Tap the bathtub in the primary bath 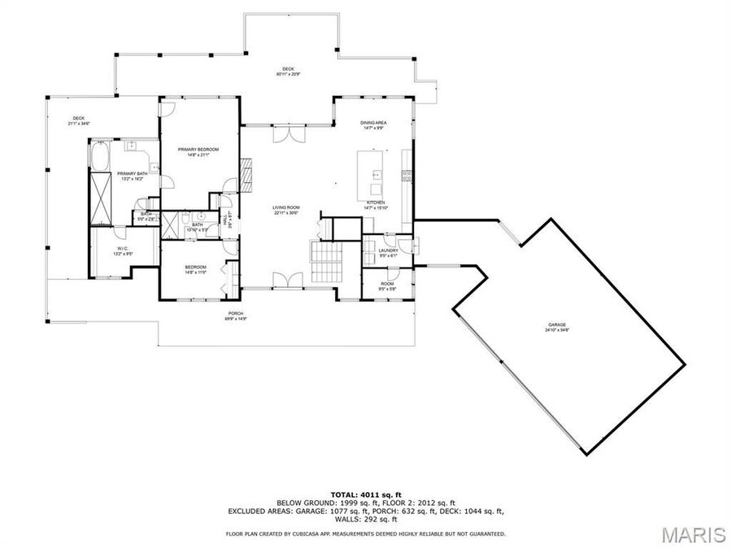tap(102, 157)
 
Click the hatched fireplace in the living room tap(246, 172)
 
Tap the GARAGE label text tap(556, 325)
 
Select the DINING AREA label tap(373, 123)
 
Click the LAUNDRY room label tap(388, 251)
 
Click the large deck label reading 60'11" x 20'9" tap(288, 70)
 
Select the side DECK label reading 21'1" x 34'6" tap(79, 119)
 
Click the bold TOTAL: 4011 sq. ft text tap(366, 495)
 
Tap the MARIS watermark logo tap(692, 534)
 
